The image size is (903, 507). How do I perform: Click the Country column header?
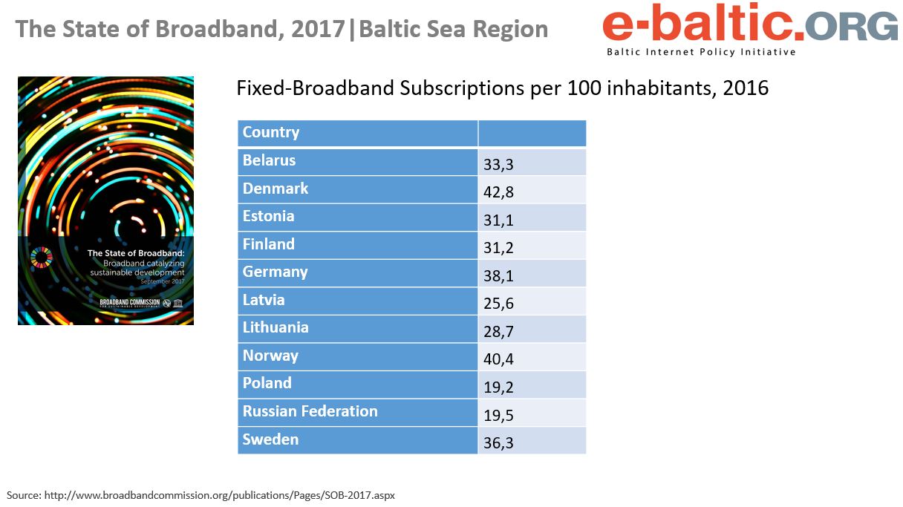271,133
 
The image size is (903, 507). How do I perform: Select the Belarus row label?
269,160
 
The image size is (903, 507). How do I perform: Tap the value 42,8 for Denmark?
499,192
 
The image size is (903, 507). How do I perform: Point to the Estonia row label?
268,216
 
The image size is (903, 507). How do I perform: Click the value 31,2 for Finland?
499,248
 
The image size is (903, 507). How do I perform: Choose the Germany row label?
275,272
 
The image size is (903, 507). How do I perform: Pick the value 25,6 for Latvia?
499,304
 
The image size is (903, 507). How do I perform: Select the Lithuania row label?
276,327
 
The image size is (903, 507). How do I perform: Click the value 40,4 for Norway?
499,359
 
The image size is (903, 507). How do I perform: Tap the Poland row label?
267,383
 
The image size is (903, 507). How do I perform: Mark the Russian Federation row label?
310,411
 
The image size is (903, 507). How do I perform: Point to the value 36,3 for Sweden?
499,443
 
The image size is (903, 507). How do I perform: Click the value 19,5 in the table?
499,415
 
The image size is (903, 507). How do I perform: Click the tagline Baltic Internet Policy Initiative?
701,52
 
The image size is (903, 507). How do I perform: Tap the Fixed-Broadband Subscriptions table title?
502,88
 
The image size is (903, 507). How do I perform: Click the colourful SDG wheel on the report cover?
42,258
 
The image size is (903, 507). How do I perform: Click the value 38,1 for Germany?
499,276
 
